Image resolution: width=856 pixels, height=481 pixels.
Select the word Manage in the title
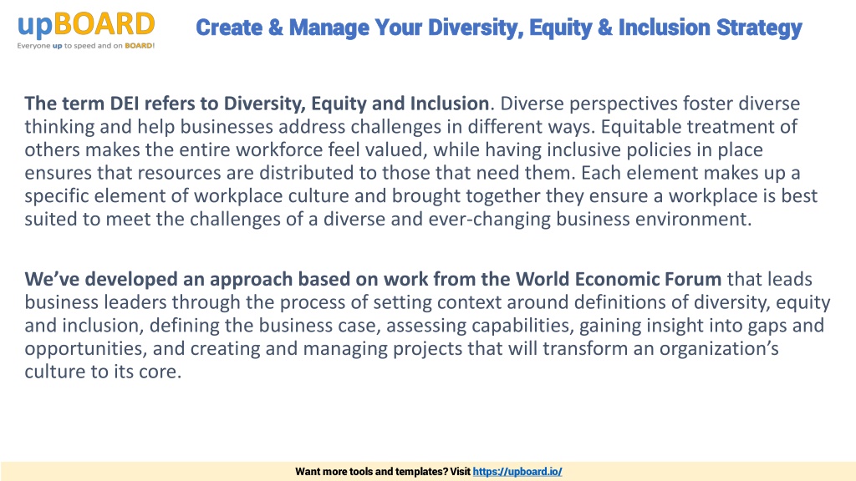click(x=329, y=28)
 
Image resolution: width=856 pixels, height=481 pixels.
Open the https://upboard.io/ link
click(x=517, y=472)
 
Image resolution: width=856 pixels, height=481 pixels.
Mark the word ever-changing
click(x=490, y=220)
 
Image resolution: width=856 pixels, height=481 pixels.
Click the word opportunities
click(x=86, y=349)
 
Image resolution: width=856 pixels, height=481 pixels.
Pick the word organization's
click(x=719, y=349)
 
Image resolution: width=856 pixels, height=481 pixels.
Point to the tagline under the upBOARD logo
click(x=86, y=46)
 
